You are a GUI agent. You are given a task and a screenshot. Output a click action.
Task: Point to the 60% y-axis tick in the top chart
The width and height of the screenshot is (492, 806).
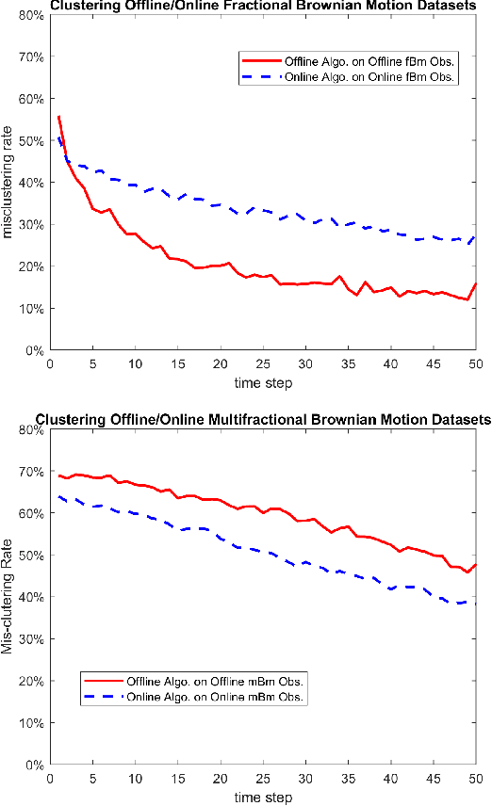[x=30, y=99]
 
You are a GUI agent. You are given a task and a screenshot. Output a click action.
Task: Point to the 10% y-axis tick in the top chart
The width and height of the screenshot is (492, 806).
[x=30, y=309]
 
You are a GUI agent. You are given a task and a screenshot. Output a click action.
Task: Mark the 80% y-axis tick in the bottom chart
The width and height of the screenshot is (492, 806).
[x=30, y=430]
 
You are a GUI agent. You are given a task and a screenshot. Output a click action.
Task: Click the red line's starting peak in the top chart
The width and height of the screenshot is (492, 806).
[x=58, y=117]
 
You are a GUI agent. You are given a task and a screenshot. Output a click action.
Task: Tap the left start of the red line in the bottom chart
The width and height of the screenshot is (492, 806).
[x=58, y=476]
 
